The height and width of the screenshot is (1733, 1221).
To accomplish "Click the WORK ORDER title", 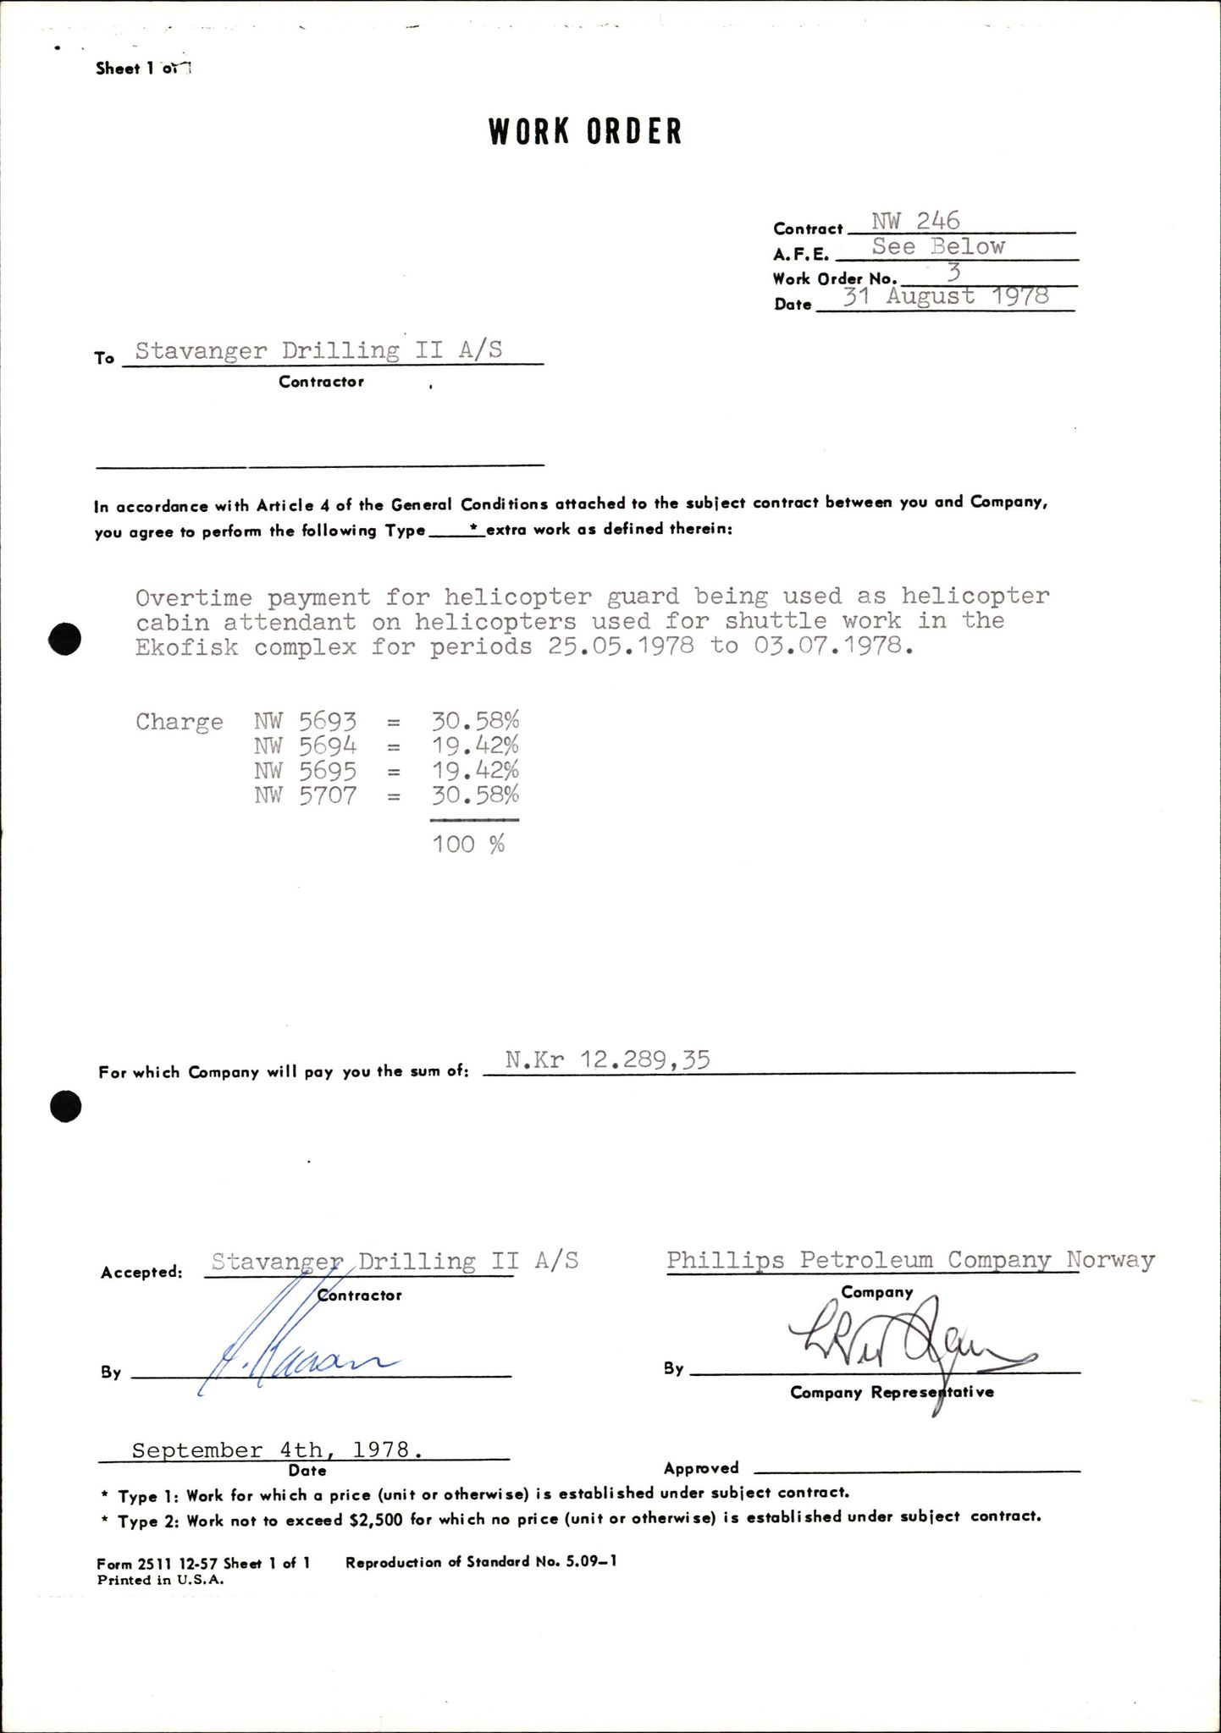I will pyautogui.click(x=585, y=132).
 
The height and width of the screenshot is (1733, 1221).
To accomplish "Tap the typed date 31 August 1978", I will pyautogui.click(x=947, y=296).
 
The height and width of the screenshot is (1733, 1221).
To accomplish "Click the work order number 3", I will pyautogui.click(x=953, y=272).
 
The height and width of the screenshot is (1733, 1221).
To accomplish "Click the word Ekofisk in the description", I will pyautogui.click(x=186, y=647).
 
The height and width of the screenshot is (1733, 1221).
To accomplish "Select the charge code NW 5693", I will pyautogui.click(x=305, y=721).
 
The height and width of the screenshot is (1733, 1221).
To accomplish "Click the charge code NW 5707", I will pyautogui.click(x=305, y=795).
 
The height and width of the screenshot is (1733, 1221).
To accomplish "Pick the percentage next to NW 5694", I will pyautogui.click(x=475, y=746).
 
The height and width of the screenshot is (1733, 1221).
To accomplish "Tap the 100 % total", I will pyautogui.click(x=468, y=844).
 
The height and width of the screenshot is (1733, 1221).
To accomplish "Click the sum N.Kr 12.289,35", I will pyautogui.click(x=606, y=1059).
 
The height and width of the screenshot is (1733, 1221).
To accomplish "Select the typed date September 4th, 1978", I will pyautogui.click(x=277, y=1450).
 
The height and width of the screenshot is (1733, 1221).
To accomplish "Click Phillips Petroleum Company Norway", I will pyautogui.click(x=910, y=1261).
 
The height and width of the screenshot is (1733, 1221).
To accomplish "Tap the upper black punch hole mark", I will pyautogui.click(x=66, y=638).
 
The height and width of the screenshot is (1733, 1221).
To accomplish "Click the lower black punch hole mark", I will pyautogui.click(x=66, y=1106).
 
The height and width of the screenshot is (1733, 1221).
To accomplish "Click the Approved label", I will pyautogui.click(x=701, y=1468).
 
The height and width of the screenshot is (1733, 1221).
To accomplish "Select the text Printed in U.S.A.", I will pyautogui.click(x=161, y=1579).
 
